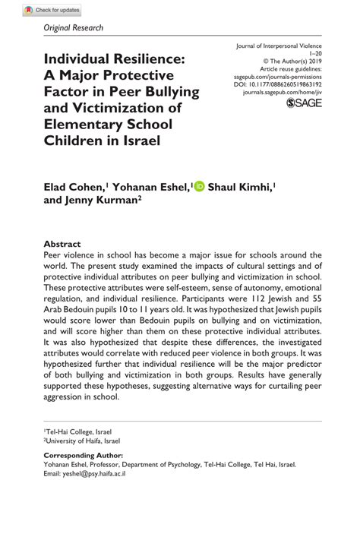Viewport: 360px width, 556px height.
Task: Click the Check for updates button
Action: tap(52, 11)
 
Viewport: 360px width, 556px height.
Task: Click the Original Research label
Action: tap(74, 28)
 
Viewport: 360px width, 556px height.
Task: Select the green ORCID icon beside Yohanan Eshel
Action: tap(200, 186)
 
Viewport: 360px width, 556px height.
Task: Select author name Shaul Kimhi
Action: tap(240, 187)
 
